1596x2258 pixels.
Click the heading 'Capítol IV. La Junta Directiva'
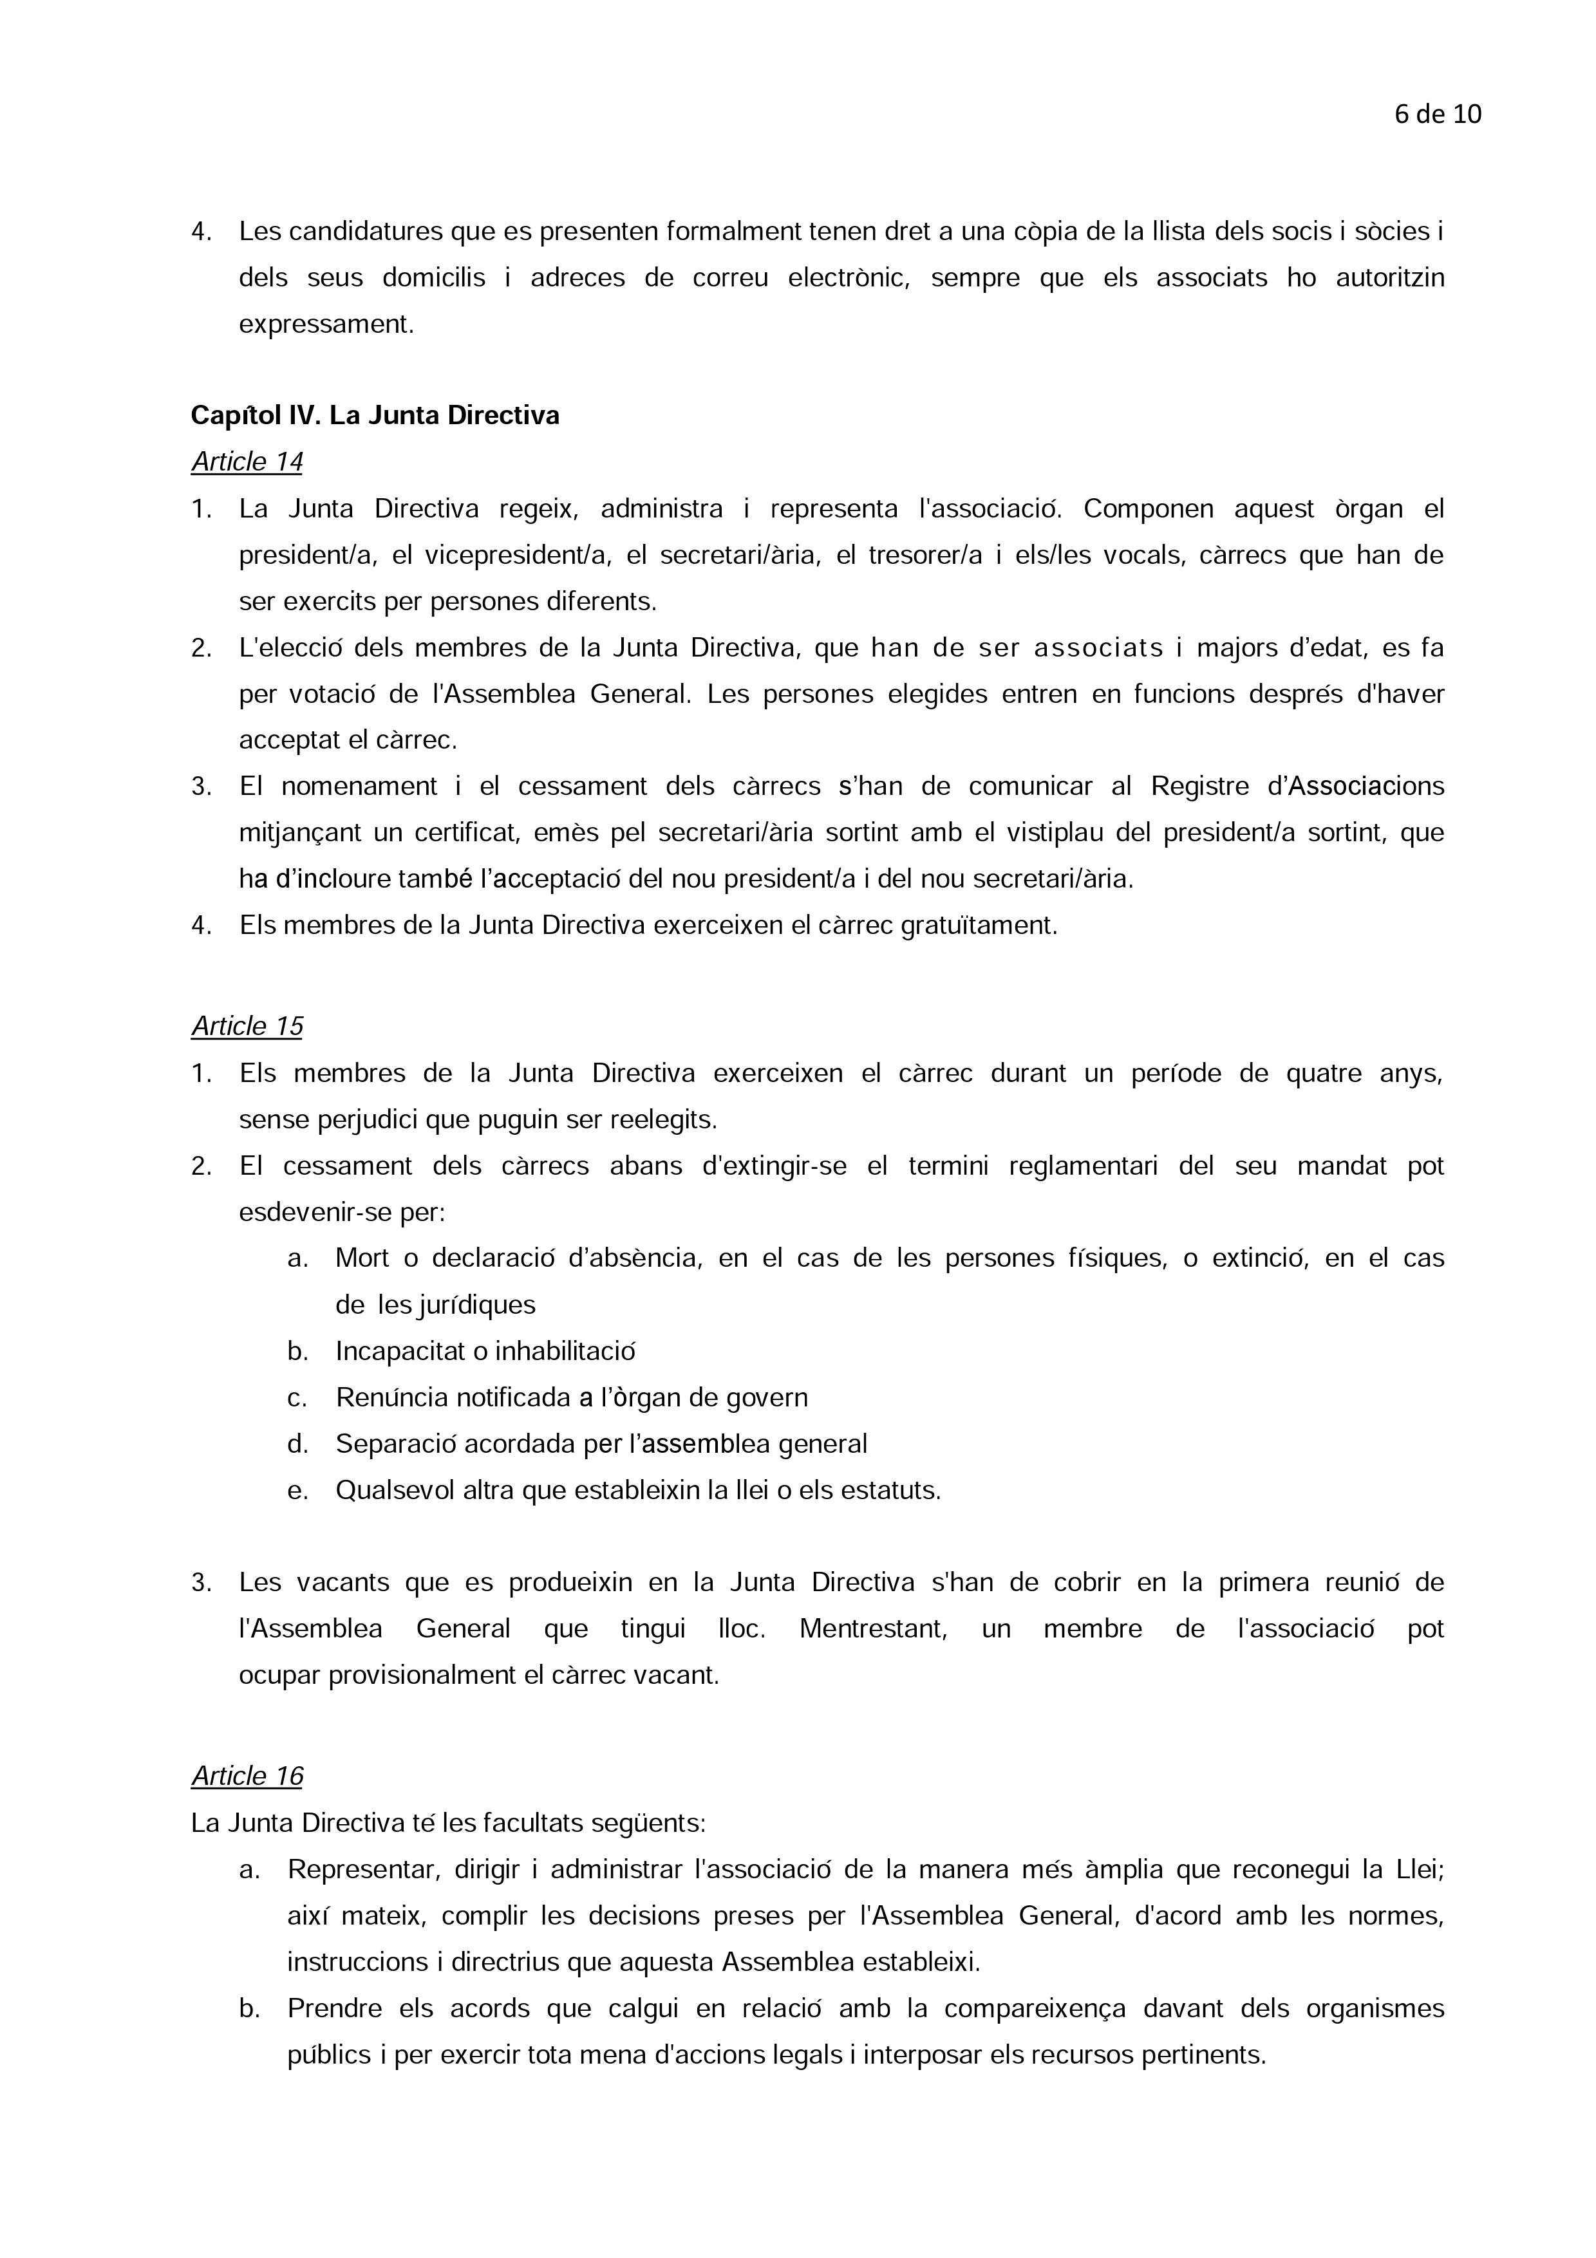pos(375,416)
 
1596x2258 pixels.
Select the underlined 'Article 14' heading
pos(247,462)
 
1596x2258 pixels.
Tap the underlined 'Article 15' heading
pos(247,1027)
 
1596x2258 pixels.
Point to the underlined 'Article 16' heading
pos(247,1776)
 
